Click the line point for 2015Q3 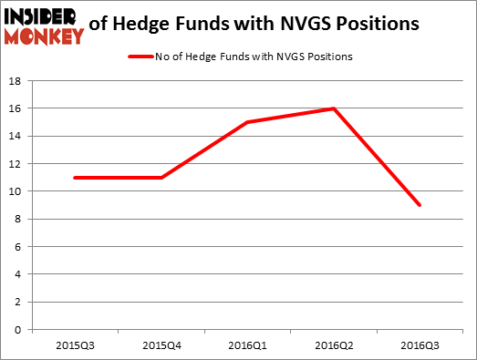(75, 178)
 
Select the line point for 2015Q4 (161, 178)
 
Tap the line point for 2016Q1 (248, 122)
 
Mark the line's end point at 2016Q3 (420, 205)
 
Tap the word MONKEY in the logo (42, 36)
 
